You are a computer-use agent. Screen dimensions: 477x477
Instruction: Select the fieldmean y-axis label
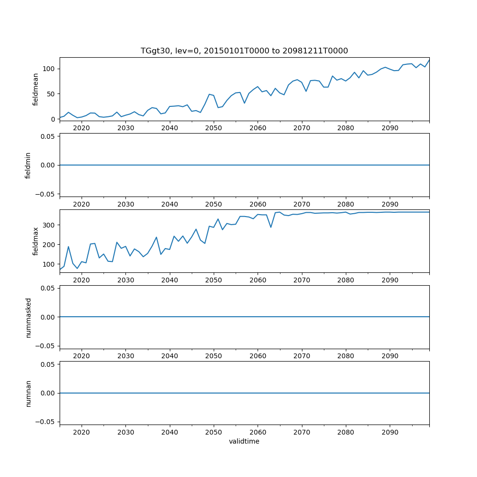[x=35, y=89]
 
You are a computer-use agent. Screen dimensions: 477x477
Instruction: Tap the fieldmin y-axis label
[x=28, y=165]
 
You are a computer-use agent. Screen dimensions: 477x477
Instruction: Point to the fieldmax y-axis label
[x=35, y=241]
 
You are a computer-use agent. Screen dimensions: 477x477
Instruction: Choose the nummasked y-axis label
[x=28, y=317]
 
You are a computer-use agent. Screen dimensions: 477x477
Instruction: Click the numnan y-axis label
[x=28, y=393]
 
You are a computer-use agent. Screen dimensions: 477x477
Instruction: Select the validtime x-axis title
[x=244, y=441]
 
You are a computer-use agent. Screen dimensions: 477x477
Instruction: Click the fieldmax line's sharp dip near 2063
[x=271, y=227]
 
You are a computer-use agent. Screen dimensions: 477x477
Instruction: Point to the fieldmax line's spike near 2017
[x=68, y=247]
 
